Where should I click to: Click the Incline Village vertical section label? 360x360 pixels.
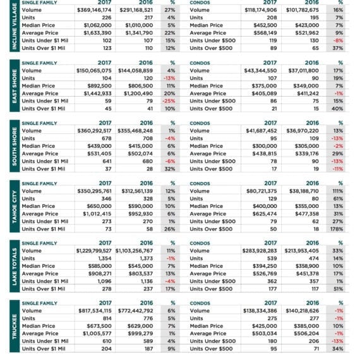[x=15, y=26]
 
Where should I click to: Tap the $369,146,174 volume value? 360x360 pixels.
[x=94, y=10]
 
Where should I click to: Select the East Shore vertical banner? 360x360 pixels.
[x=15, y=86]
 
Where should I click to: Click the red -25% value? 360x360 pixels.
[x=169, y=101]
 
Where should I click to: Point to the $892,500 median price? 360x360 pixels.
[x=99, y=86]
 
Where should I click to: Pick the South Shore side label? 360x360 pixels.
[x=15, y=146]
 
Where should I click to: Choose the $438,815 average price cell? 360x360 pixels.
[x=265, y=153]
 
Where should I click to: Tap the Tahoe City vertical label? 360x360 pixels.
[x=15, y=207]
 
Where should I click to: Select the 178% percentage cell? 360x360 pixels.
[x=337, y=229]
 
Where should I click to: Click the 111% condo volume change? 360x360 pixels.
[x=337, y=191]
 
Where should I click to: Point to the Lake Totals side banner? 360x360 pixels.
[x=15, y=267]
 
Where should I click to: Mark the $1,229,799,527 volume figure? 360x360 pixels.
[x=93, y=251]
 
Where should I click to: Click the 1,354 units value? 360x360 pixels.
[x=105, y=258]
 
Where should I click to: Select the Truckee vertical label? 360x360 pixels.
[x=15, y=327]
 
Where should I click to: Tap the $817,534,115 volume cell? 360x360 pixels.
[x=95, y=311]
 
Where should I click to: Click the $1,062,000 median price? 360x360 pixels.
[x=97, y=25]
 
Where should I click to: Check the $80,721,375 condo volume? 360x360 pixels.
[x=261, y=191]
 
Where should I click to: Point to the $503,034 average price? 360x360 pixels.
[x=265, y=333]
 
